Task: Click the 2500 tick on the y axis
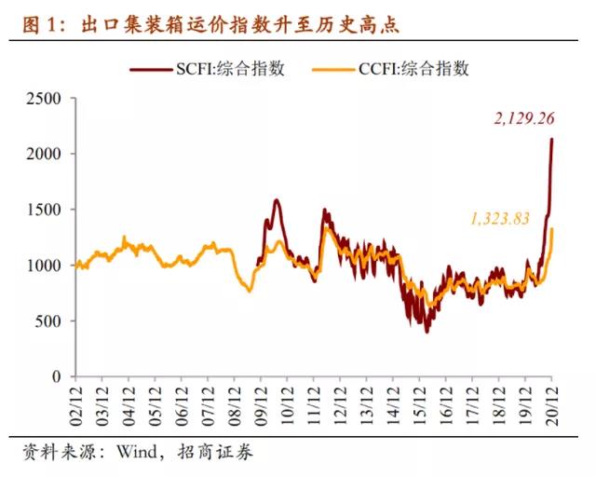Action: coord(44,99)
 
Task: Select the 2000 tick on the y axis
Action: coord(44,154)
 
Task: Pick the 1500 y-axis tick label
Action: coord(44,210)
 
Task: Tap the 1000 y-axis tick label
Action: coord(44,266)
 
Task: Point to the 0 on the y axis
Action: coord(58,376)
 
